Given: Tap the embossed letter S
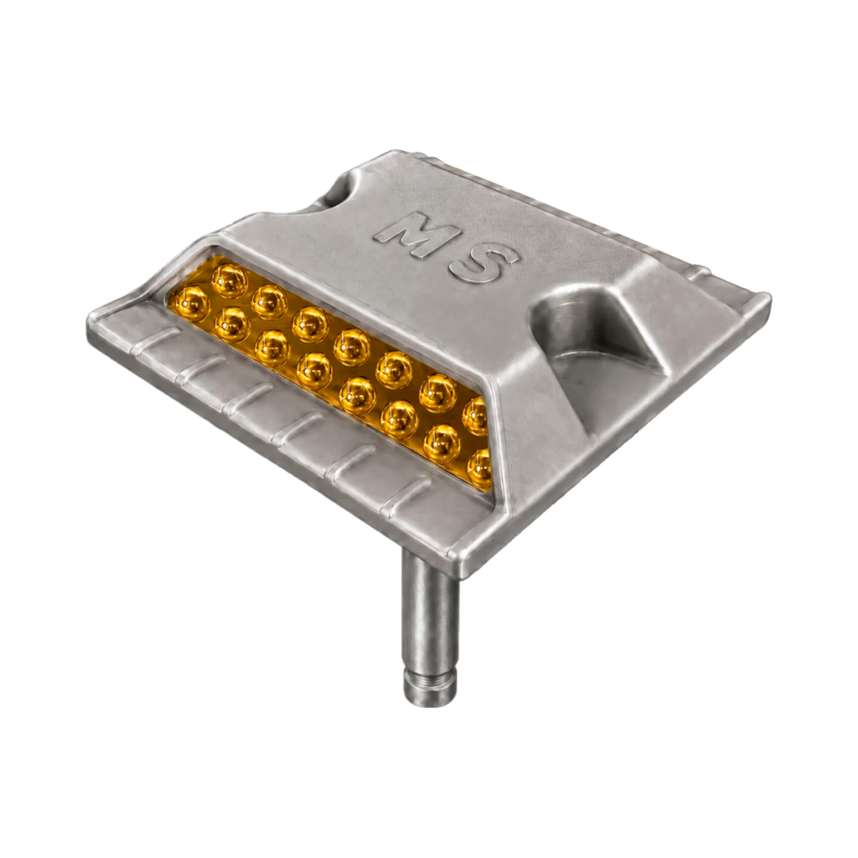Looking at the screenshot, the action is (483, 264).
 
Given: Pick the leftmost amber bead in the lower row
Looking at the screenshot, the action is (189, 303).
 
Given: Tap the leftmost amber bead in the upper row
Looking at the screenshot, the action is (230, 281).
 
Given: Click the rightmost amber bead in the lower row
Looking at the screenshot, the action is (480, 469).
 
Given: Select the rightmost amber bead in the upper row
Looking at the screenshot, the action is (475, 416).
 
